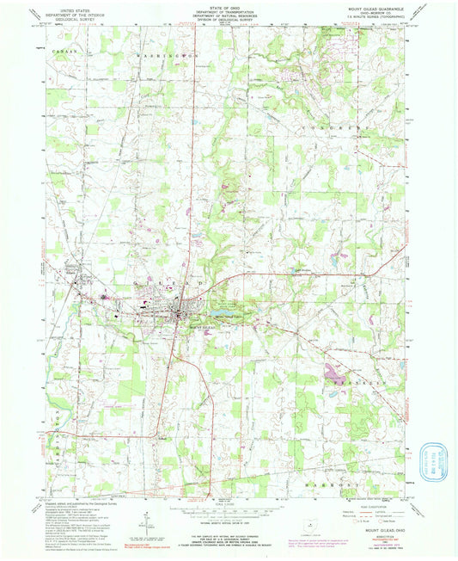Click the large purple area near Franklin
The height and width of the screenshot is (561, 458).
[331, 372]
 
